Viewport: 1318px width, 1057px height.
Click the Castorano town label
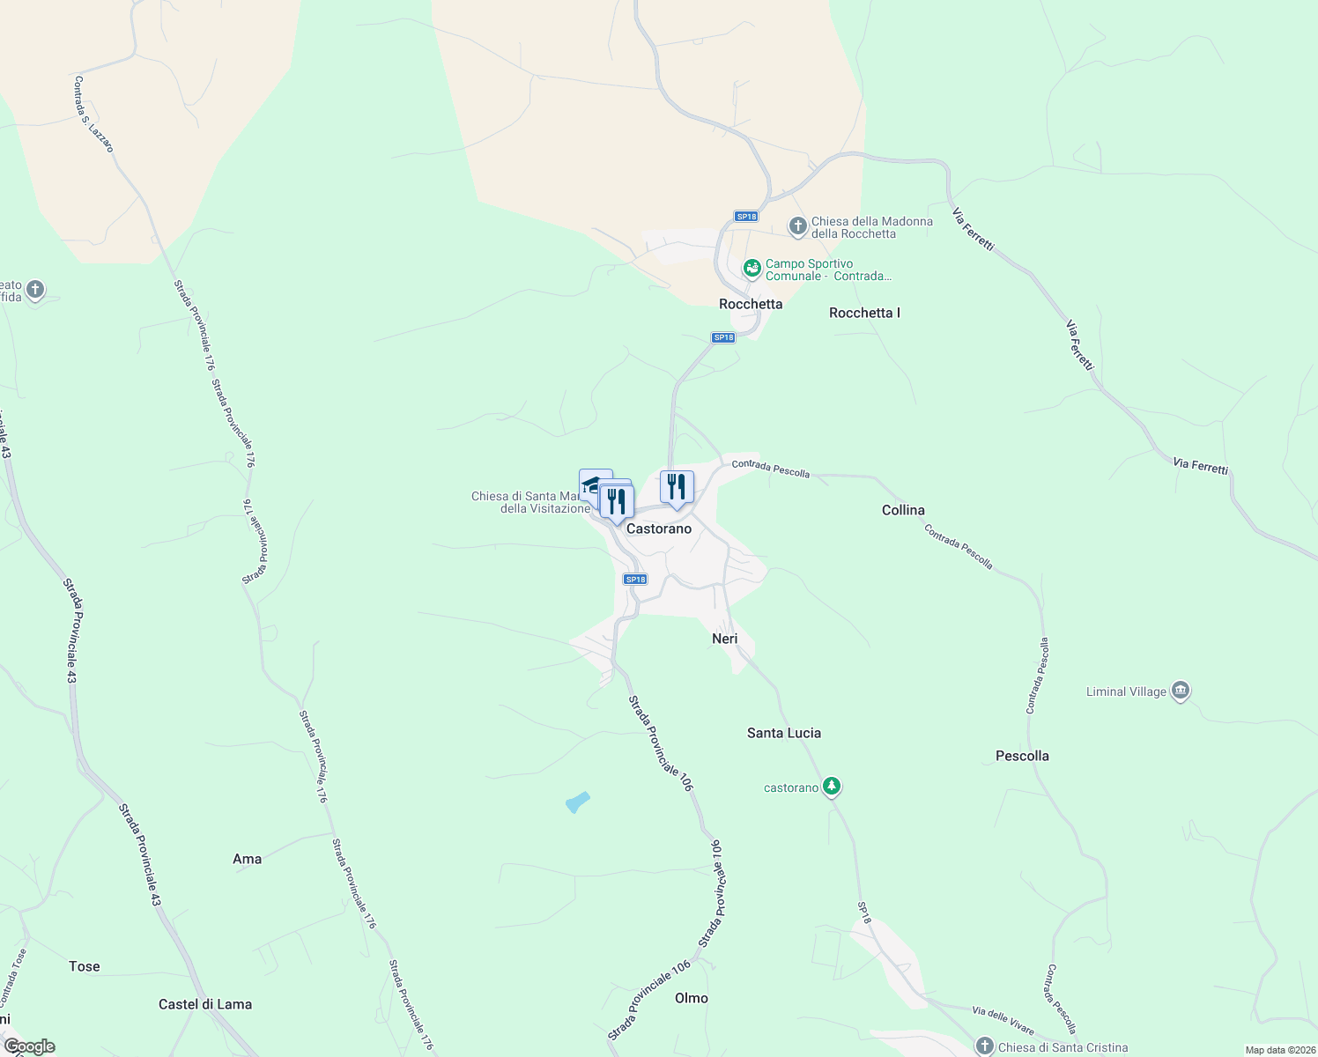(659, 528)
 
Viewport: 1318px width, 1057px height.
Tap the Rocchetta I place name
(864, 313)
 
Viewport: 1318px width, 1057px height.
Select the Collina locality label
(903, 510)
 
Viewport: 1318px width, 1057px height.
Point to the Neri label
(724, 639)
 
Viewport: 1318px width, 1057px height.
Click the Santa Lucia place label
(783, 733)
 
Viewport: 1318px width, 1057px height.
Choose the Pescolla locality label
(1022, 756)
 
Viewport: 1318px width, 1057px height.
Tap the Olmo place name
(691, 998)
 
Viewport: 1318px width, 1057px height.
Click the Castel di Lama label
(205, 1004)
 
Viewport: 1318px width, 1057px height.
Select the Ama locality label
(247, 859)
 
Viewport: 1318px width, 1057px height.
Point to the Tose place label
(85, 966)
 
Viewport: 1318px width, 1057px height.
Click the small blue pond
(577, 802)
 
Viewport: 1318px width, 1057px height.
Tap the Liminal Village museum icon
(1181, 691)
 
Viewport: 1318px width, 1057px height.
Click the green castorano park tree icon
(831, 787)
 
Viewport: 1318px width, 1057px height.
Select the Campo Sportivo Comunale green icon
(752, 267)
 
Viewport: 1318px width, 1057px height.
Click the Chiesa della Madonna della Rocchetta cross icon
(797, 226)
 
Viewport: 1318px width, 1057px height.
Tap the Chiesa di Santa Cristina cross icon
(984, 1046)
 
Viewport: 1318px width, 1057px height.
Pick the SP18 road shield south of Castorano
(635, 579)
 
